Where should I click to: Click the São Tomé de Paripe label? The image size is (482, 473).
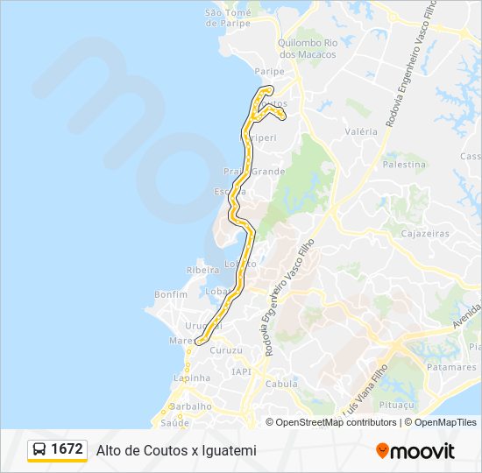(228, 18)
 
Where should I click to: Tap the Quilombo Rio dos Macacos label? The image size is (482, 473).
(307, 48)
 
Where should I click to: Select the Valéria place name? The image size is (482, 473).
(361, 131)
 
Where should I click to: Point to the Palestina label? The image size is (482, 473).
(404, 164)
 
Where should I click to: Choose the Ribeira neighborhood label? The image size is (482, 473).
(202, 271)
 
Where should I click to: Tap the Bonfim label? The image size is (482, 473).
(171, 295)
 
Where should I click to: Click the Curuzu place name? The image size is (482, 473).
(226, 350)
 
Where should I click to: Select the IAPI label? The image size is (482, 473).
(241, 371)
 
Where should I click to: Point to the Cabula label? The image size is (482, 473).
(281, 384)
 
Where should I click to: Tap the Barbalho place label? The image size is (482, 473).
(191, 406)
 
